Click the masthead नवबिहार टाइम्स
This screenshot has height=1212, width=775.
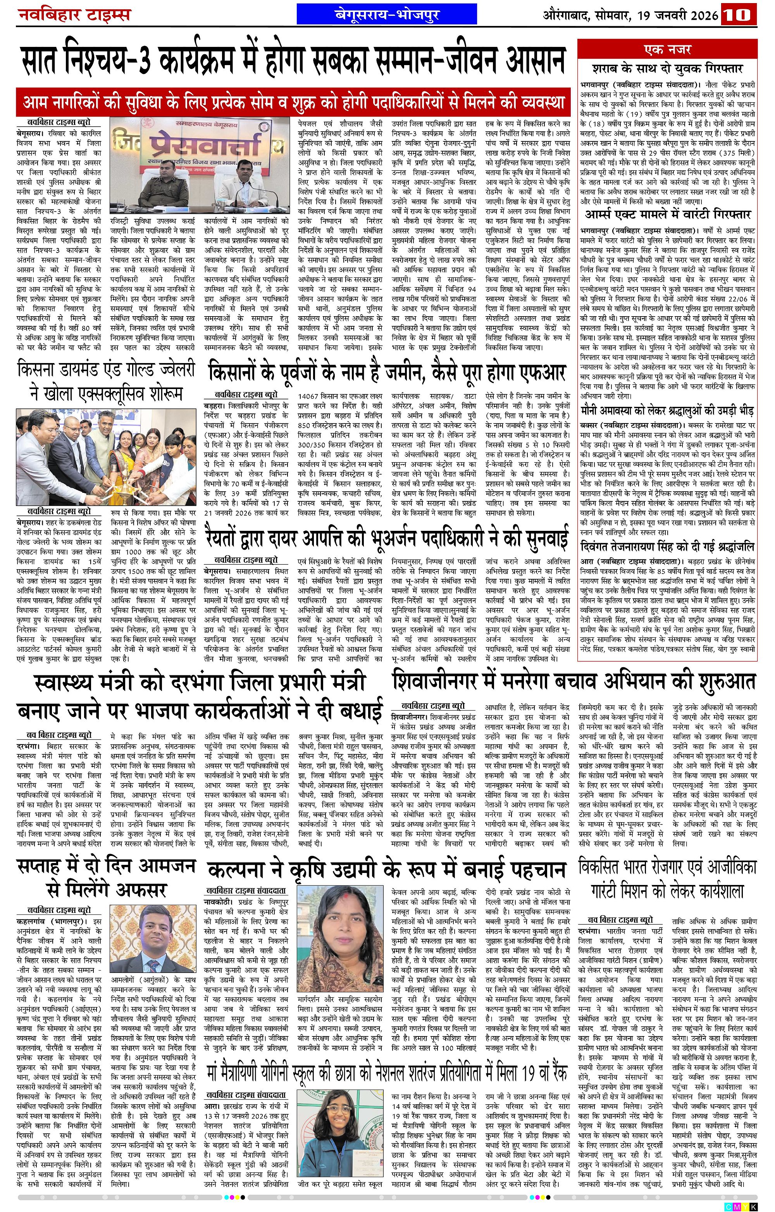click(x=74, y=15)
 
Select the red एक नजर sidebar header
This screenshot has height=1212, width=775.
click(x=667, y=49)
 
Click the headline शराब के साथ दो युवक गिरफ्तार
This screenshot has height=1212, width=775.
click(x=667, y=69)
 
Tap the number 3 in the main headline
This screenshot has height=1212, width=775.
click(x=143, y=63)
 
